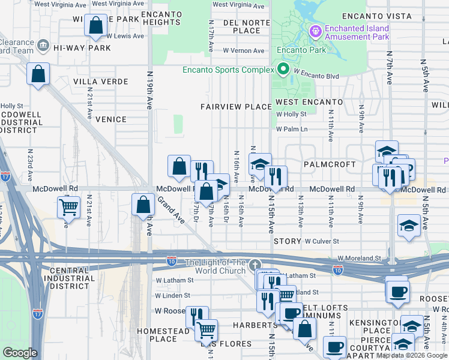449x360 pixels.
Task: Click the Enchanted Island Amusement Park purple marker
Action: (314, 31)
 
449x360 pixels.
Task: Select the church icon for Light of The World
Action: (255, 264)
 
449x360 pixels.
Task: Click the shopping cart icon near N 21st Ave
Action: (69, 208)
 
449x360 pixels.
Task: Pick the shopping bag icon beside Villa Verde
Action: (38, 75)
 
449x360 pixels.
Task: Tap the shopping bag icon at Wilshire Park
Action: (95, 26)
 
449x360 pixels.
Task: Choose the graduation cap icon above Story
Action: (409, 226)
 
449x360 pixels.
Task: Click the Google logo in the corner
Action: (20, 352)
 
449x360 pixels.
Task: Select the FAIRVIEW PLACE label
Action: (236, 107)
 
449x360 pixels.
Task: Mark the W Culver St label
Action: (322, 241)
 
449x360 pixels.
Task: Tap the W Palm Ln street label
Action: (291, 129)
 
